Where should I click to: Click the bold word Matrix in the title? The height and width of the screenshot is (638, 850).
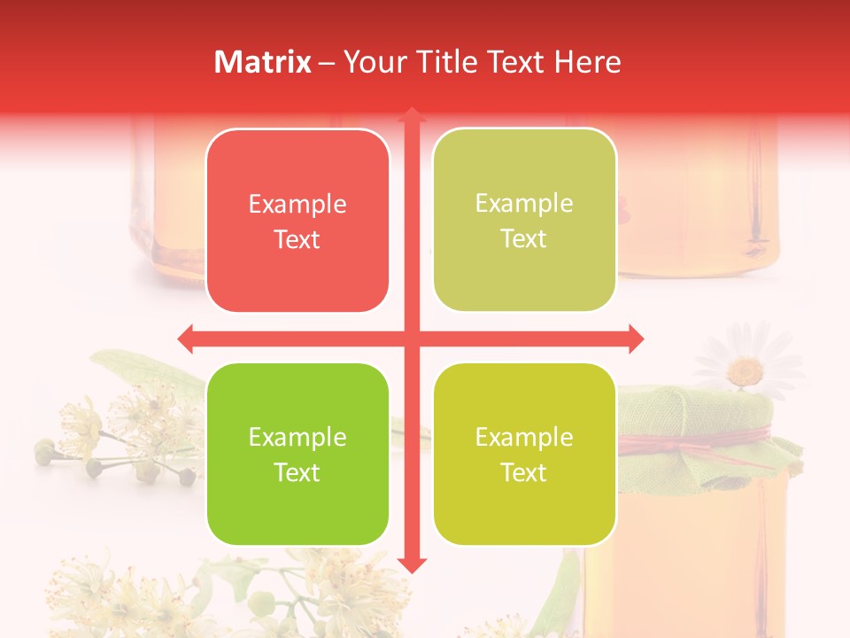(263, 62)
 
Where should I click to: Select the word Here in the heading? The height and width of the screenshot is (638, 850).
(587, 62)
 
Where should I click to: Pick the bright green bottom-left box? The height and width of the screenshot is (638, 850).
(297, 514)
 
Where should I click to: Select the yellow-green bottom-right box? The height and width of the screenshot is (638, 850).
(524, 514)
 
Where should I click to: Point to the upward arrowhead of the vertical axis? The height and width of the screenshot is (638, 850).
(411, 115)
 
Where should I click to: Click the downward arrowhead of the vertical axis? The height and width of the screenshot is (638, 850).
(411, 565)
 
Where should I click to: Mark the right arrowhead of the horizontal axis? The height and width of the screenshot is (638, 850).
(636, 338)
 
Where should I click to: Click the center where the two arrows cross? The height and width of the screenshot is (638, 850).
(411, 338)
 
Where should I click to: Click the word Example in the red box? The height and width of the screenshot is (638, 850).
(297, 205)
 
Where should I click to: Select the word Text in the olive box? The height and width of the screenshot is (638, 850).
(524, 239)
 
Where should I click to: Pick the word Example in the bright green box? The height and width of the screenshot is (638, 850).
(297, 438)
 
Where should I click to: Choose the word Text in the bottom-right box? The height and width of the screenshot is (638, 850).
(524, 473)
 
